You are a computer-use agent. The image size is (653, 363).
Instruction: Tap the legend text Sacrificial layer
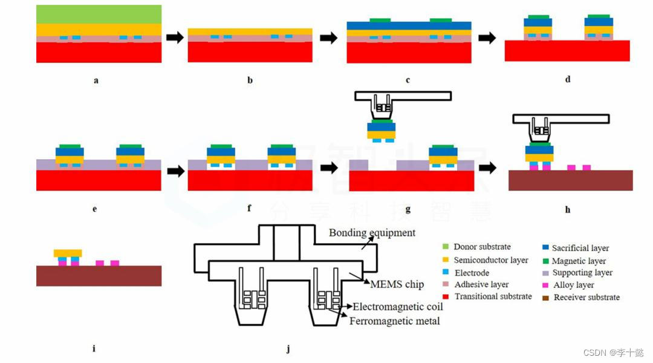(580, 248)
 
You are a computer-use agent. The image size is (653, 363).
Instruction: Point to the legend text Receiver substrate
(586, 297)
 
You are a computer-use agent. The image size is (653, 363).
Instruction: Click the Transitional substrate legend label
(493, 296)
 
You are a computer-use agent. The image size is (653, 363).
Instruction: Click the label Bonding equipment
(372, 233)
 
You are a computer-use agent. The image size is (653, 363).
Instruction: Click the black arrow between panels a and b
(175, 38)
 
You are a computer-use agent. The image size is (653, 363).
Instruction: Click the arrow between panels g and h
(487, 168)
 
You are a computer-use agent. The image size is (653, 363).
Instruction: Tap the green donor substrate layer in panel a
(99, 14)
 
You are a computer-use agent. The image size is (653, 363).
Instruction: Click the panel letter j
(288, 349)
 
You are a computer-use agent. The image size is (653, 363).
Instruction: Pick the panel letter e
(95, 209)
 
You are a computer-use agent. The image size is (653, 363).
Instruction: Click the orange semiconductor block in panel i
(68, 253)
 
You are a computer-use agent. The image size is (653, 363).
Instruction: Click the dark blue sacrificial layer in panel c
(409, 25)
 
